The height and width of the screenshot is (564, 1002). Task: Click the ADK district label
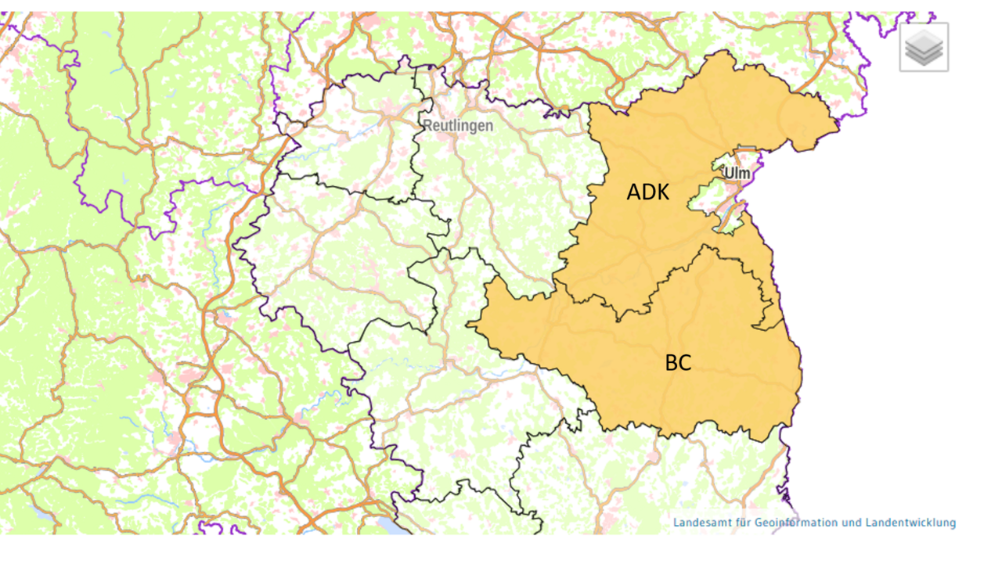click(647, 192)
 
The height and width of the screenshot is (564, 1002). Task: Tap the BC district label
click(678, 363)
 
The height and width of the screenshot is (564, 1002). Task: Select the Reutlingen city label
click(458, 125)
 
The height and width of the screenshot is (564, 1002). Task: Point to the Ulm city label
click(737, 172)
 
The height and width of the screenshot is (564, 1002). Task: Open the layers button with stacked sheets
click(924, 48)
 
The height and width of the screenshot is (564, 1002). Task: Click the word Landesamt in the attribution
click(700, 523)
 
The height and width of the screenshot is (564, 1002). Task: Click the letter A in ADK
click(633, 192)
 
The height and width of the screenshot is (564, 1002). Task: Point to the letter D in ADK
click(648, 192)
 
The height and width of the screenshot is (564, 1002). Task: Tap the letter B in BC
click(671, 363)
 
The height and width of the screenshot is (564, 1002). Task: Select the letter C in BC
click(685, 363)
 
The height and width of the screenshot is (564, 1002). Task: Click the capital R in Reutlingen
click(427, 125)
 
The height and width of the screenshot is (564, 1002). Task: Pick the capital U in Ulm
click(728, 172)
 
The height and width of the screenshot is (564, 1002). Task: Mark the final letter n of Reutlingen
click(490, 125)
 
